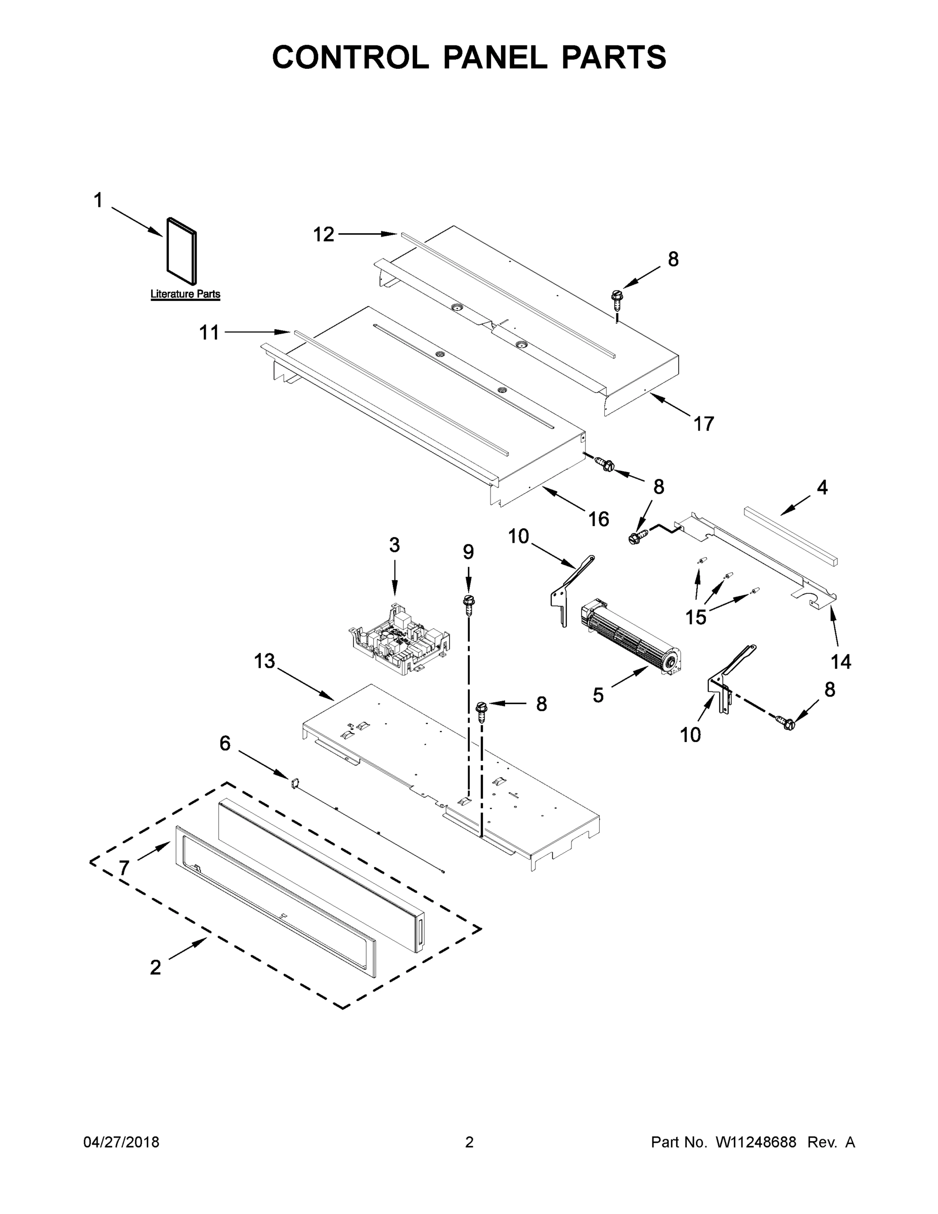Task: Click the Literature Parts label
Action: [x=185, y=294]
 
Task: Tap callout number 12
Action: [x=324, y=235]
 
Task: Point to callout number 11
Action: [x=209, y=333]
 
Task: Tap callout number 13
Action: [x=264, y=662]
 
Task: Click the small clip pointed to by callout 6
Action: [x=294, y=783]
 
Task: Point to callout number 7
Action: [x=124, y=868]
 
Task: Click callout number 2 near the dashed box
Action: [x=156, y=968]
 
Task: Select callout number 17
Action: [x=703, y=424]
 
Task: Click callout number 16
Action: [x=599, y=519]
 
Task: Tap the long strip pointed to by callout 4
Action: [x=791, y=535]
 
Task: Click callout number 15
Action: [x=695, y=617]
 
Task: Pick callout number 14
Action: [x=841, y=662]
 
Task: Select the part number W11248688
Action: [x=756, y=1143]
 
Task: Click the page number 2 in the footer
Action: [x=469, y=1143]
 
